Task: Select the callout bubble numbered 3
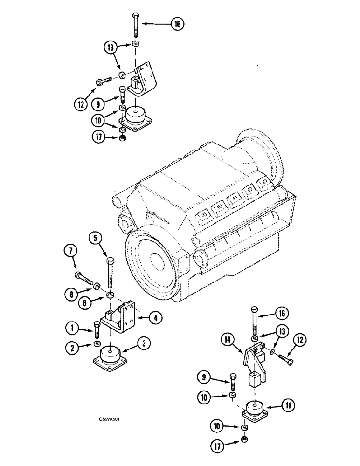(x=145, y=345)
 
